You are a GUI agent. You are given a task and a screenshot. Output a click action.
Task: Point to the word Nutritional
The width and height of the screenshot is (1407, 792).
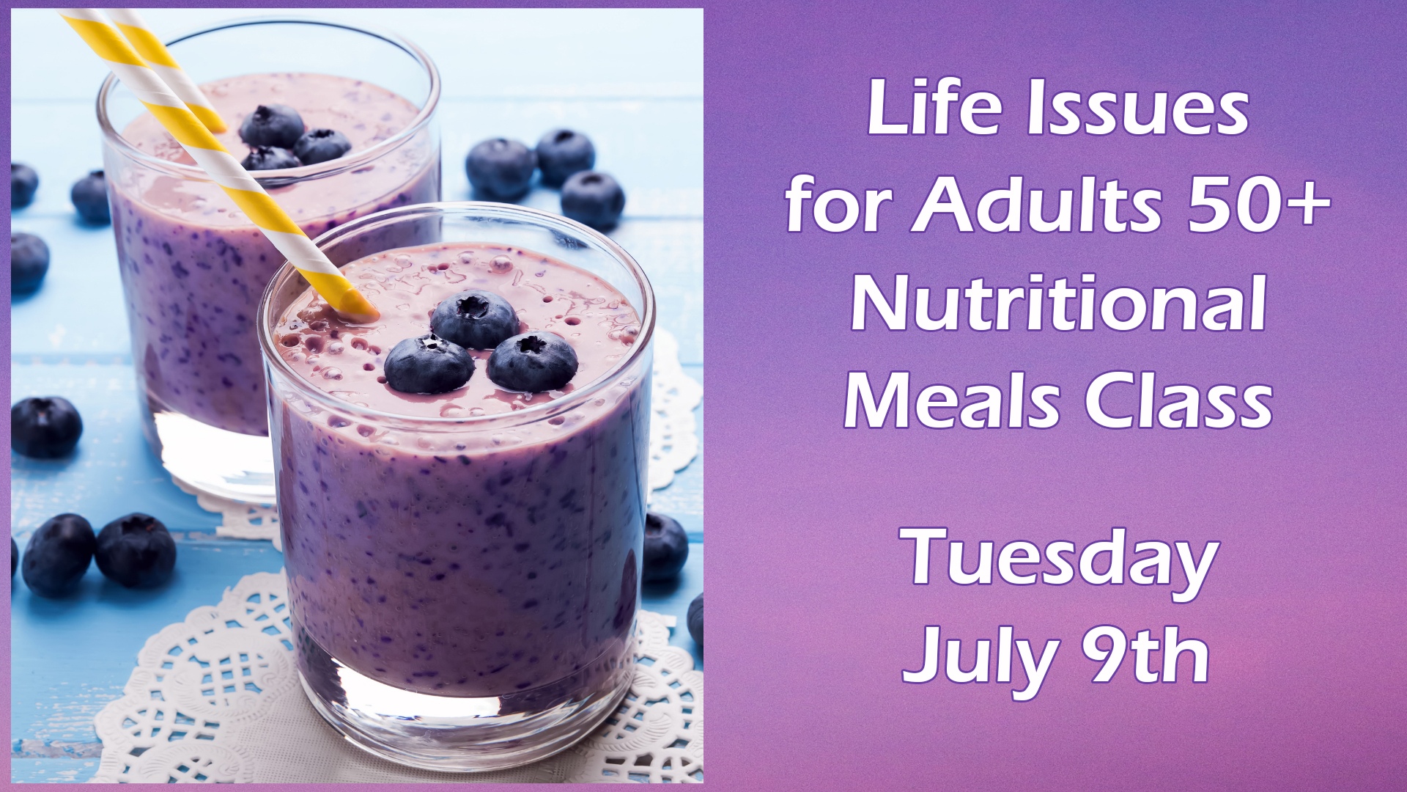pos(1058,303)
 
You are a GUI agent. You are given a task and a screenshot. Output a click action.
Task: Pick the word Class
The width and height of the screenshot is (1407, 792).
pos(1178,401)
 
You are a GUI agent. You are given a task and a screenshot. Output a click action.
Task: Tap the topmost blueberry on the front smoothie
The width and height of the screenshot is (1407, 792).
pos(474,319)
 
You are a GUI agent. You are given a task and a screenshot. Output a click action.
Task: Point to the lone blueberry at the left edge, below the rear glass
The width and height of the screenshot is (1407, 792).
pos(46,428)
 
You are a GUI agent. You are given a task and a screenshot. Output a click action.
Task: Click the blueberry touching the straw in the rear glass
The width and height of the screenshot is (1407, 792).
pos(270,158)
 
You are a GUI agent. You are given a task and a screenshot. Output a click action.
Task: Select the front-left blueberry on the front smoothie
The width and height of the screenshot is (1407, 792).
pos(429,364)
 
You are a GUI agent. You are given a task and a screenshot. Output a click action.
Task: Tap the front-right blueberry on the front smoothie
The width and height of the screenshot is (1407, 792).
pos(533,361)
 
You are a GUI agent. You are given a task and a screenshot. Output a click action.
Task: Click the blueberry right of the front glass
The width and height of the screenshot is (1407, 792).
pos(665,546)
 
